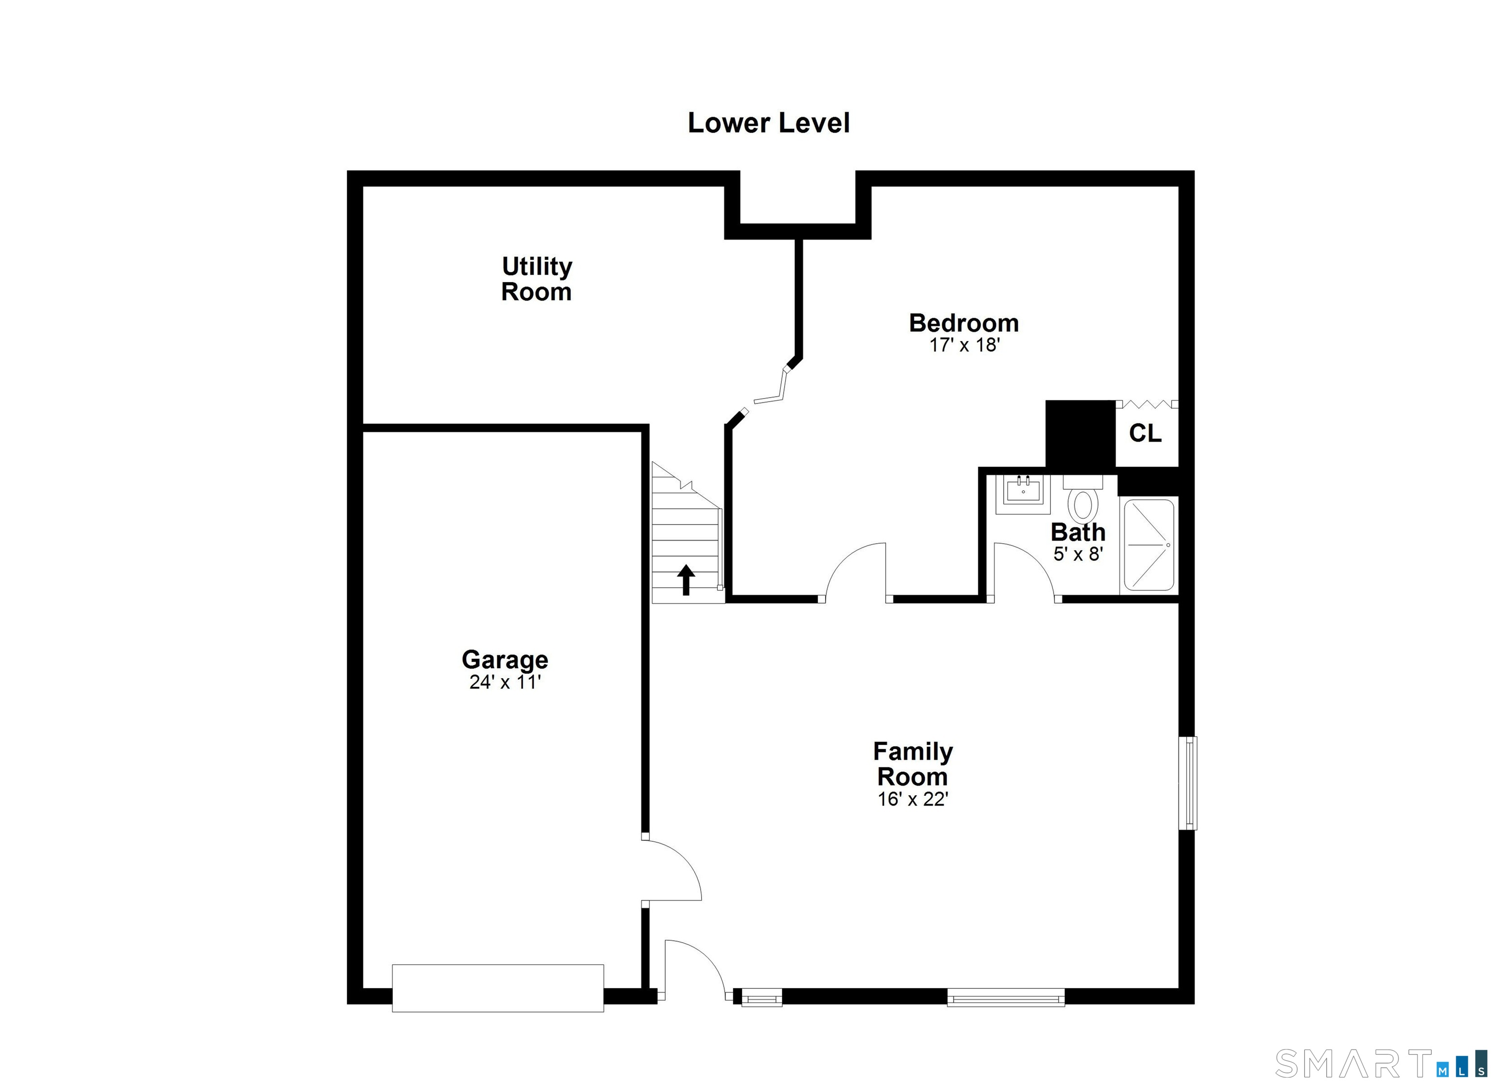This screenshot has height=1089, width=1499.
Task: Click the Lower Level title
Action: (768, 123)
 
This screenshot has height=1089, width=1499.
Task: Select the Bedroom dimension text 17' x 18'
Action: (964, 345)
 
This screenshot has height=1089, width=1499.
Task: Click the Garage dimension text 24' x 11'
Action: (505, 682)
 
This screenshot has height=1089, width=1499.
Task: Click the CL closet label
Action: (1145, 433)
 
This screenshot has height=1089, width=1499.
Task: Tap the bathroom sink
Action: (1023, 492)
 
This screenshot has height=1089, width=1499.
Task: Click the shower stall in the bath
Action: (1149, 545)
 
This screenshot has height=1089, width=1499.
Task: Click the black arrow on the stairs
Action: (686, 580)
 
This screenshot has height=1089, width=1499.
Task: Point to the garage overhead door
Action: (498, 988)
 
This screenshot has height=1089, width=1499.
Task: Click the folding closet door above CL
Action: (1147, 404)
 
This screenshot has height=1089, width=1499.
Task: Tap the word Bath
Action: (1078, 532)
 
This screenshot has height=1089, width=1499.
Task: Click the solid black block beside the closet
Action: (1080, 433)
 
